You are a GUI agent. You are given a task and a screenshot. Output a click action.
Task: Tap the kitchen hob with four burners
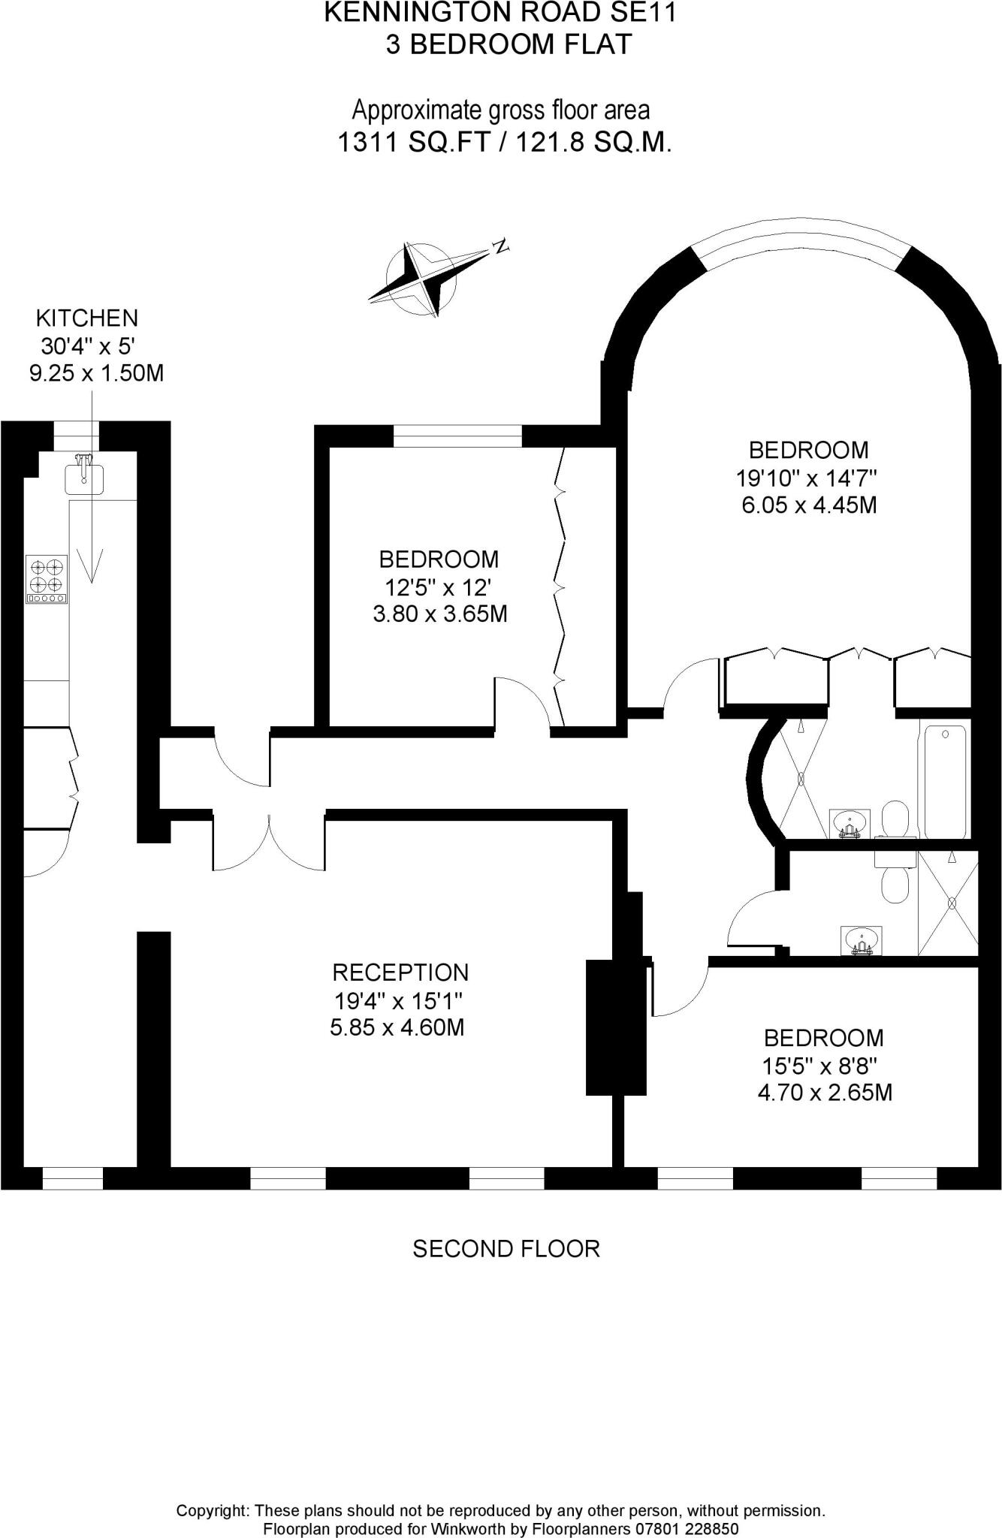[47, 578]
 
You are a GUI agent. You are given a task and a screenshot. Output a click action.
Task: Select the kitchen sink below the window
[84, 475]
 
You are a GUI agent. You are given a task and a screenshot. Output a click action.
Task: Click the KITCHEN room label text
[87, 318]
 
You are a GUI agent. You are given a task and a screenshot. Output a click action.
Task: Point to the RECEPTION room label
[400, 973]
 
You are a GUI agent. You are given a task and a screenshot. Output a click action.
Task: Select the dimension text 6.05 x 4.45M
[809, 505]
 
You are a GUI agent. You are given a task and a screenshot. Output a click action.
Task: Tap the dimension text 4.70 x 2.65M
[824, 1092]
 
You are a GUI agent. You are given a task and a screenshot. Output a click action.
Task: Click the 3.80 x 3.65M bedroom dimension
[440, 614]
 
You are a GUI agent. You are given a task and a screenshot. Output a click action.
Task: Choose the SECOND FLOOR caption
[506, 1249]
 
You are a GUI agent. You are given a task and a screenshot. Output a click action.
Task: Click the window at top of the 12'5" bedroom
[457, 436]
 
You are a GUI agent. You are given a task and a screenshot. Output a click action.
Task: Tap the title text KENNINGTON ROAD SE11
[500, 13]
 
